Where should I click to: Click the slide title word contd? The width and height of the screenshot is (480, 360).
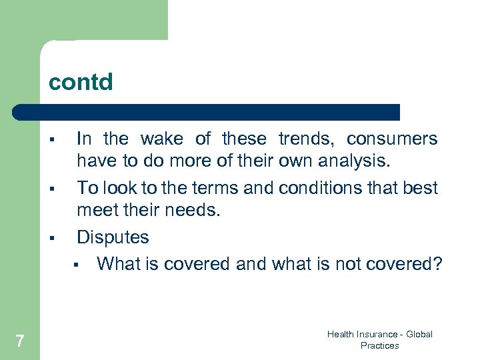click(81, 83)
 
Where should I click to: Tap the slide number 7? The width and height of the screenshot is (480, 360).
click(20, 341)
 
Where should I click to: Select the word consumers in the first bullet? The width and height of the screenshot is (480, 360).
click(392, 139)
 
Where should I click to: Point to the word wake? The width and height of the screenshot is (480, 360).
click(161, 139)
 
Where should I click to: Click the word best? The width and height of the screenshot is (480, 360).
click(421, 188)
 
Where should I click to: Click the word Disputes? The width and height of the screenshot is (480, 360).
click(113, 237)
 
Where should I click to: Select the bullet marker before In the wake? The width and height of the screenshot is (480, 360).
click(51, 139)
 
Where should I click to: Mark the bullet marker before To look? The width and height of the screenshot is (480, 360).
click(51, 189)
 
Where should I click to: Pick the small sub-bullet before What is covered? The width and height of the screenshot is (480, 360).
click(77, 265)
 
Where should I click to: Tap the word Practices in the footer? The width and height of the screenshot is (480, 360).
click(379, 345)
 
